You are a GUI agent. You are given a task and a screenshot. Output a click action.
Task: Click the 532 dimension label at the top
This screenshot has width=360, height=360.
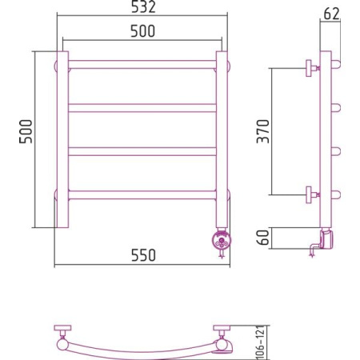[x=143, y=7]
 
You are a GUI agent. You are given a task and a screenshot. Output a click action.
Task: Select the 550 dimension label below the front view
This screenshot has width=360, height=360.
[x=143, y=255]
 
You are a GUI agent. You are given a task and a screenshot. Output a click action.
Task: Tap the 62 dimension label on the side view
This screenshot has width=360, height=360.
[x=332, y=14]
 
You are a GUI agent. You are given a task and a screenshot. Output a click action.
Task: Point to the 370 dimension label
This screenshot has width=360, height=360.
[x=263, y=131]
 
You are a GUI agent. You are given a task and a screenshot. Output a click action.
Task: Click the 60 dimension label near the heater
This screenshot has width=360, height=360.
[x=263, y=237]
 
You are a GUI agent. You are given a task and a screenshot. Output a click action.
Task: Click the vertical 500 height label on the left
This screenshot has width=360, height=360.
[x=26, y=132]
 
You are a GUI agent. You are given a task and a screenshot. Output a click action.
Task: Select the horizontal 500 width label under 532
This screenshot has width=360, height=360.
[x=142, y=31]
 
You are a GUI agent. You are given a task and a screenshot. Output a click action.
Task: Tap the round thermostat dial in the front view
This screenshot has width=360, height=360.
[x=222, y=241]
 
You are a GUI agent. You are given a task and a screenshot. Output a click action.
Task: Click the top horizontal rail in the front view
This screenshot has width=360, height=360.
[x=142, y=65]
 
